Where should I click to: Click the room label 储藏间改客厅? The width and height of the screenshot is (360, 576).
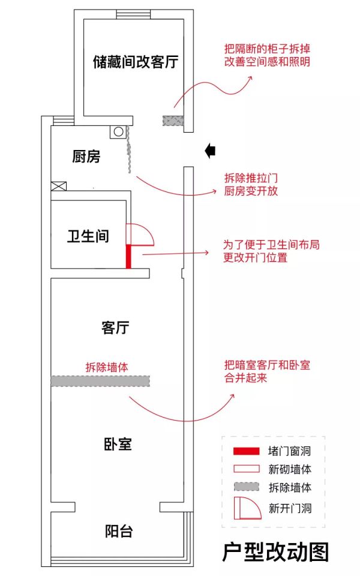click(x=136, y=62)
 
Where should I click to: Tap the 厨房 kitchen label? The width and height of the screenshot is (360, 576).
click(x=86, y=157)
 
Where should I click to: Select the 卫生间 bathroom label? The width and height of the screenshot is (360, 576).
click(x=88, y=236)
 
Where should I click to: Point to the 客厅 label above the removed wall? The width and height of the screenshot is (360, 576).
click(x=115, y=328)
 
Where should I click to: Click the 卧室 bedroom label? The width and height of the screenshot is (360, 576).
click(x=118, y=444)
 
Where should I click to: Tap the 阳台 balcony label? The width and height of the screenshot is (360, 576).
click(x=119, y=531)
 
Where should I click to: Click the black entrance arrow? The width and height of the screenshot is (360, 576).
click(x=210, y=151)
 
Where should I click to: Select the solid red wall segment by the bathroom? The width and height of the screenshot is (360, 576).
click(x=128, y=256)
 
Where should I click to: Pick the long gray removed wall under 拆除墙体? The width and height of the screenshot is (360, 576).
click(x=100, y=381)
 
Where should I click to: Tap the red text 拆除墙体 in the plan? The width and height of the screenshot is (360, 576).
click(x=107, y=367)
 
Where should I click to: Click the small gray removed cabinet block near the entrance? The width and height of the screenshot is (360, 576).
click(x=173, y=121)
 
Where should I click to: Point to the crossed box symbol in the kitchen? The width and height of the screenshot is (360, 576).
click(x=59, y=186)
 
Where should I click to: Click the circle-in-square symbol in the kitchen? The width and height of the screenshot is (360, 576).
click(x=118, y=132)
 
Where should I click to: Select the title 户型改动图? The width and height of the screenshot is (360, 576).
click(x=275, y=552)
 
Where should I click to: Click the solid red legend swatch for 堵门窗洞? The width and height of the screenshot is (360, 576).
click(x=246, y=451)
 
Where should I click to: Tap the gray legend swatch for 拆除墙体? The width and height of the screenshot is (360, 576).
click(x=247, y=487)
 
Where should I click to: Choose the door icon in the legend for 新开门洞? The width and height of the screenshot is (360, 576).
click(x=248, y=508)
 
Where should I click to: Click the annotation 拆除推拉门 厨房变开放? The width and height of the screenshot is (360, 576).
click(x=251, y=184)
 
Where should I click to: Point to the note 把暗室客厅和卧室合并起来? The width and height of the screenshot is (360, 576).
click(x=267, y=371)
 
